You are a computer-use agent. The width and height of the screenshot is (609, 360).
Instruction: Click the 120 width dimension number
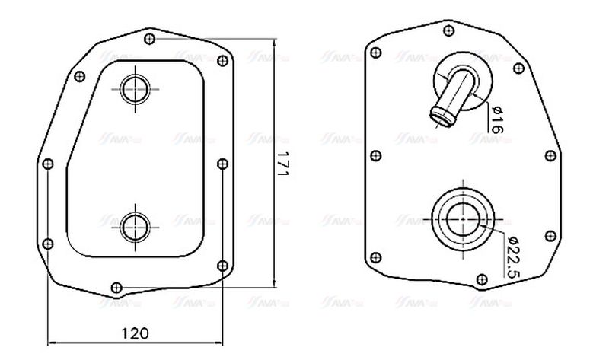pos(134,333)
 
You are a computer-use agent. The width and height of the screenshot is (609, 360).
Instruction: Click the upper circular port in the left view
pos(136,88)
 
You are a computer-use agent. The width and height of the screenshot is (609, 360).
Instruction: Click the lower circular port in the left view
pos(136,226)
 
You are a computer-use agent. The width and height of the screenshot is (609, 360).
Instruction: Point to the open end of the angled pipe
pos(440,116)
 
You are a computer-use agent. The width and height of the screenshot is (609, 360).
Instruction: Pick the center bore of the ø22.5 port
pos(461,219)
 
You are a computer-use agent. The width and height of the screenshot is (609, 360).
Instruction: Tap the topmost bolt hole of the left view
pos(150,38)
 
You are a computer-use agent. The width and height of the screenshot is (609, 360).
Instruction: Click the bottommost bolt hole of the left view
pos(116,287)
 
